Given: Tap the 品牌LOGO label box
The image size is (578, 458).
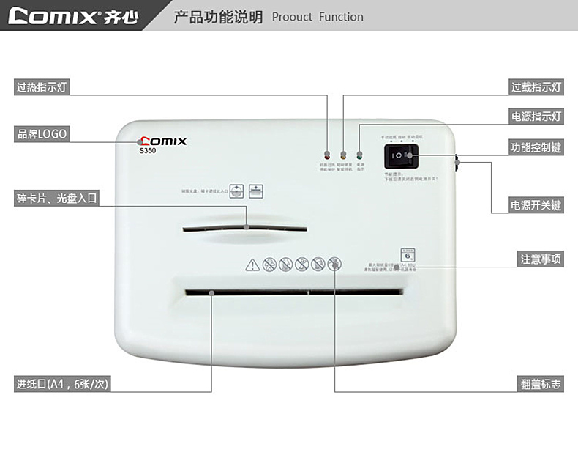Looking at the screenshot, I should (x=42, y=134).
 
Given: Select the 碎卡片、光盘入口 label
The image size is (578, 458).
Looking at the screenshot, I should (x=57, y=198).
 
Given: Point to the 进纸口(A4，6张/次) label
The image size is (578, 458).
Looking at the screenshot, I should (x=63, y=383).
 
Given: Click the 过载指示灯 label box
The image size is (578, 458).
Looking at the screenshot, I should (x=536, y=87).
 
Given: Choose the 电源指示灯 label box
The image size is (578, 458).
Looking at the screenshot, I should (x=536, y=117).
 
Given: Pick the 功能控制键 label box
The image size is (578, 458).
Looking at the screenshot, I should (x=536, y=147).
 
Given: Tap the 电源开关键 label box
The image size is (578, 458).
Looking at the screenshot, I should (x=536, y=205).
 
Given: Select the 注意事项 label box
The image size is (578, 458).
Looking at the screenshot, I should (x=541, y=259).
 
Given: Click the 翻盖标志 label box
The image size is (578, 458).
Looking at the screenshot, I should (x=541, y=383).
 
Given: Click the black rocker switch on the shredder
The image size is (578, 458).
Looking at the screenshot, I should (x=401, y=155).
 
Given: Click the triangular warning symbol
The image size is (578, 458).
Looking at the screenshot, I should (x=252, y=265).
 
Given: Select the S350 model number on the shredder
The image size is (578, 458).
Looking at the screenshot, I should (x=149, y=152).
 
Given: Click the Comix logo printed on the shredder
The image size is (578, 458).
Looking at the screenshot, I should (x=162, y=141).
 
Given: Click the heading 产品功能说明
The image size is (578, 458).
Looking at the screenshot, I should (x=217, y=17).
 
